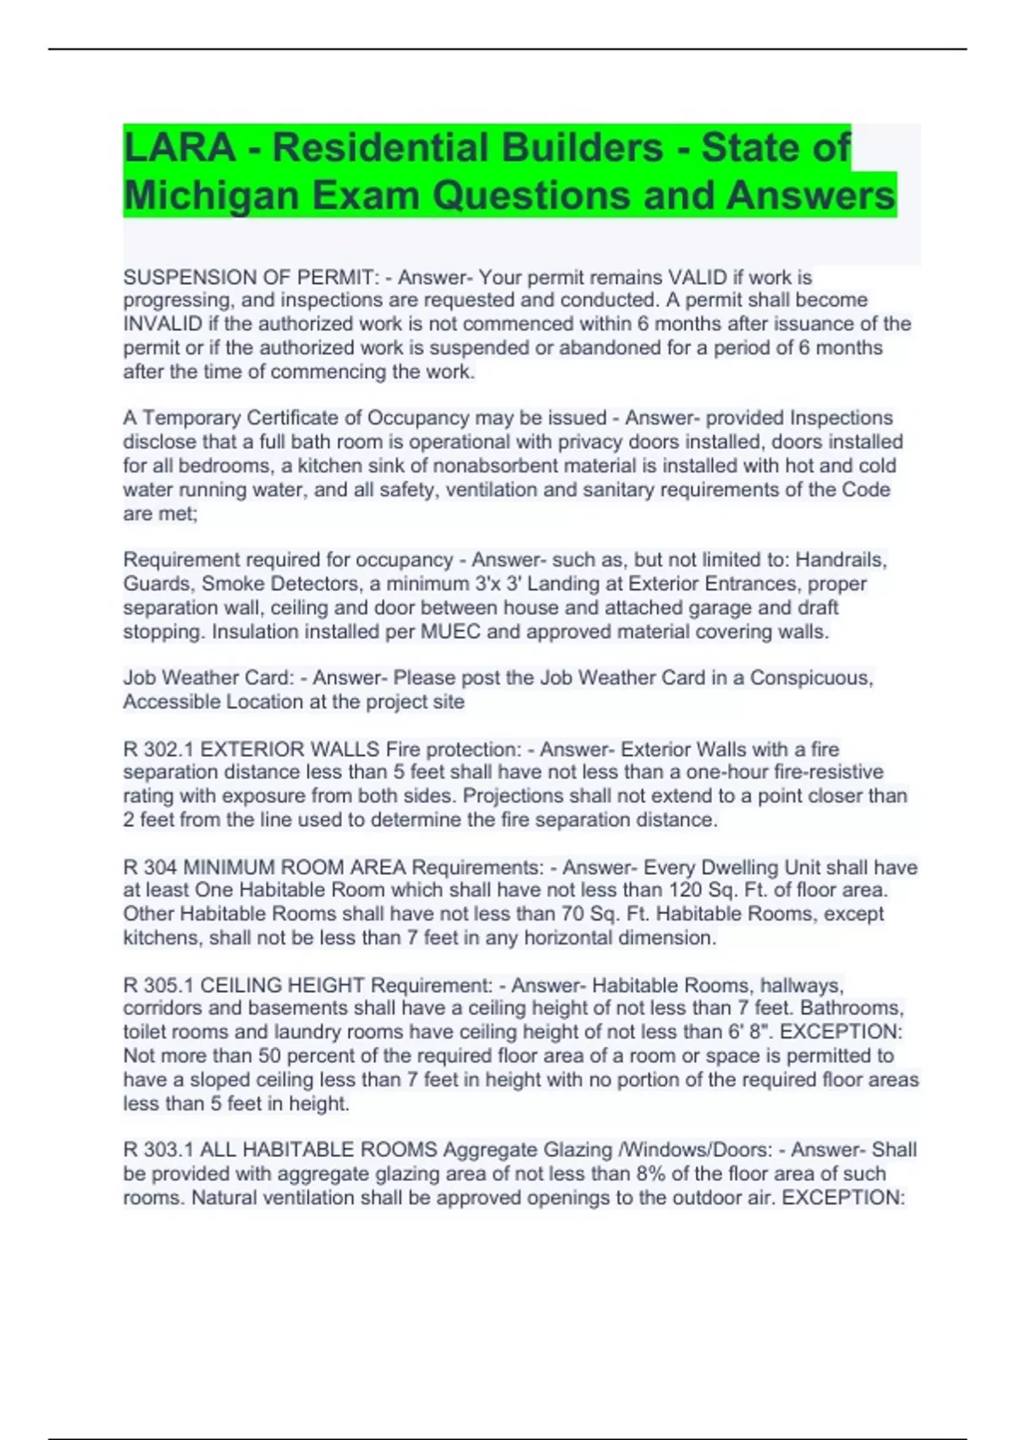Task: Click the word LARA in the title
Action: tap(179, 147)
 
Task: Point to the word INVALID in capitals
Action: tap(163, 324)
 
